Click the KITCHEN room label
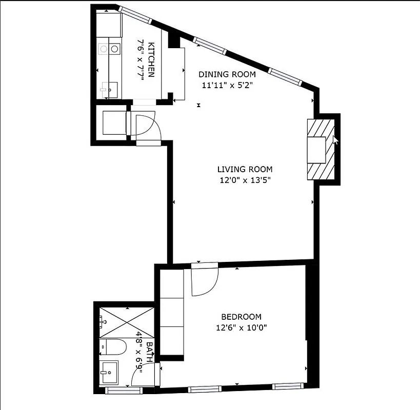click(151, 59)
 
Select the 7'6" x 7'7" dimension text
click(140, 59)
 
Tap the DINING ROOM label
click(227, 74)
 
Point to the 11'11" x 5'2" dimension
click(227, 85)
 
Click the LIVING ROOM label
click(245, 169)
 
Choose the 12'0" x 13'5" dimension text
click(245, 180)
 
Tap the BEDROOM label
click(241, 317)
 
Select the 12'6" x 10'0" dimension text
click(241, 327)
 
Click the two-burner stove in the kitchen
click(109, 49)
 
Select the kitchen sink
click(108, 90)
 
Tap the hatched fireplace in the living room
click(322, 149)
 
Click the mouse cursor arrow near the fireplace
click(335, 140)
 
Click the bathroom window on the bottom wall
click(124, 391)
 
